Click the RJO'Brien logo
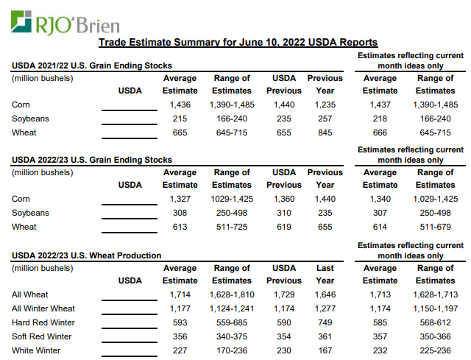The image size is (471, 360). pos(65,23)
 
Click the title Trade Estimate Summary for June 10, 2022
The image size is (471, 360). pos(238,42)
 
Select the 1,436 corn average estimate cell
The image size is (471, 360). pos(180,105)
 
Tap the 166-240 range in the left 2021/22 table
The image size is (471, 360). pos(232,119)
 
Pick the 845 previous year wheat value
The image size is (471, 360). pos(325,133)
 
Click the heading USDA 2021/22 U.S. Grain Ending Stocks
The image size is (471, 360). pos(92,66)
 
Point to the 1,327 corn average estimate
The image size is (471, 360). pos(180,199)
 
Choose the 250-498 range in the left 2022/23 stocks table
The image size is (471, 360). pos(232,213)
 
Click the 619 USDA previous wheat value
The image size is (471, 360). pos(284,227)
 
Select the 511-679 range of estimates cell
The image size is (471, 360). pos(435,227)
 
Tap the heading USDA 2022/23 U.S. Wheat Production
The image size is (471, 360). pos(87,255)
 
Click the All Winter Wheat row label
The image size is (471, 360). pos(43,308)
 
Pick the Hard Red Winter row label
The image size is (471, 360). pos(43,322)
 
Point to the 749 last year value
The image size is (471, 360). pos(325,322)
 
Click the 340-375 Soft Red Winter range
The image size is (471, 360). pos(232,336)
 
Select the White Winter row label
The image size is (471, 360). pos(36,350)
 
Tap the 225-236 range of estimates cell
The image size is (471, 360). pos(435,350)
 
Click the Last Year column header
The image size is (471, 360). pos(325,274)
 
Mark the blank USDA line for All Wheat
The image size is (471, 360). pos(130,300)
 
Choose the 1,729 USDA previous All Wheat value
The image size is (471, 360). pos(284,294)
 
